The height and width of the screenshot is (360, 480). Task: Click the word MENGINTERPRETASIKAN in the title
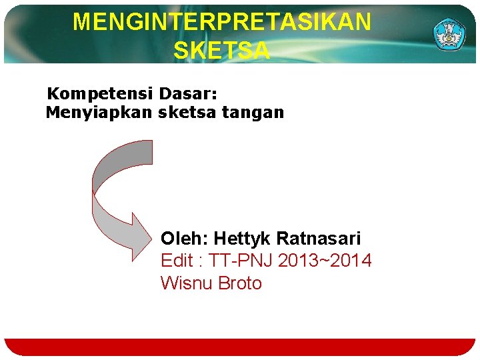coord(222,22)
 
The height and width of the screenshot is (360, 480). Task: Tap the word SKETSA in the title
coord(222,51)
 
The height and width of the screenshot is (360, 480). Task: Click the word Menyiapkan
coord(99,113)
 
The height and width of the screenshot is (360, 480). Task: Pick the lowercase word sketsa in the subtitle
coord(187,113)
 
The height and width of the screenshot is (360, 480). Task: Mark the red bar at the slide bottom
coord(240,347)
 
